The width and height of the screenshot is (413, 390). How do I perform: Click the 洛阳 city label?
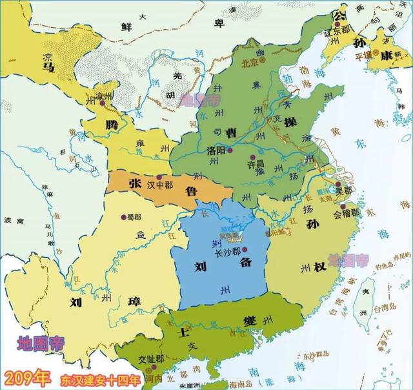pyautogui.click(x=218, y=150)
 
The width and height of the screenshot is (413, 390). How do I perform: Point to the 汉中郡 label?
pyautogui.click(x=161, y=185)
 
